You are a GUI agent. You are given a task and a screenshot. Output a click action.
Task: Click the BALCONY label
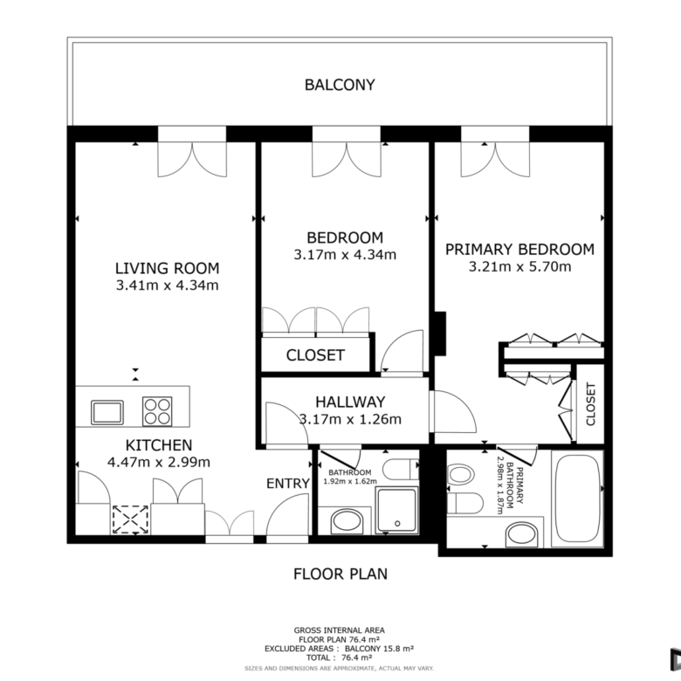point(340,85)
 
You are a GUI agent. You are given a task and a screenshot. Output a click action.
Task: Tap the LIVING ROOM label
point(168,268)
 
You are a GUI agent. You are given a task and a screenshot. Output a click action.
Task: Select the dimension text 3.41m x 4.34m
point(168,285)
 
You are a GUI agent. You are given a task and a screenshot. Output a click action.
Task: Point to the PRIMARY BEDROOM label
point(519,250)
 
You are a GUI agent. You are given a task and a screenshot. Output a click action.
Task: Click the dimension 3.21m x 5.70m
point(519,266)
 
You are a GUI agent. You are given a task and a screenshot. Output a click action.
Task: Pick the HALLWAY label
point(350,402)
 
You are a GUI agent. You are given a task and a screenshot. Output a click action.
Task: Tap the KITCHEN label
point(159,445)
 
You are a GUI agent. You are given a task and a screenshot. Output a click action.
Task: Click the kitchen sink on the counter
point(107,412)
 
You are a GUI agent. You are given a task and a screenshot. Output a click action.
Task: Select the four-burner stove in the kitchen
point(157,411)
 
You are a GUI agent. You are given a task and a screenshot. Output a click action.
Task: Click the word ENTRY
point(288,484)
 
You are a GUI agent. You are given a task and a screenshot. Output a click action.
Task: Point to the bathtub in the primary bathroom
point(577,499)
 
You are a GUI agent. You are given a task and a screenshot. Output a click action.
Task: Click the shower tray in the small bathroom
point(396,510)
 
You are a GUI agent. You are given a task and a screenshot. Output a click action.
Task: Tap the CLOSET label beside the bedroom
point(315,355)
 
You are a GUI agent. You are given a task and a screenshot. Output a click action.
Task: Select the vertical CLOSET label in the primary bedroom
point(591,404)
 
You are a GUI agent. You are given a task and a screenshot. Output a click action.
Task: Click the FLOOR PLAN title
point(340,574)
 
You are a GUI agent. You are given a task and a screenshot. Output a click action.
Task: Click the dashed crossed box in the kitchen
point(130,519)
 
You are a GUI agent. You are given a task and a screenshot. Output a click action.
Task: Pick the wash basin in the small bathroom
point(347,520)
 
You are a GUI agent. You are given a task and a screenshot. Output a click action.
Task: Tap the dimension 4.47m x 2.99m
point(159,462)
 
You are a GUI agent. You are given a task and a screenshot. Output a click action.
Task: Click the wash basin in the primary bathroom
point(522,535)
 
